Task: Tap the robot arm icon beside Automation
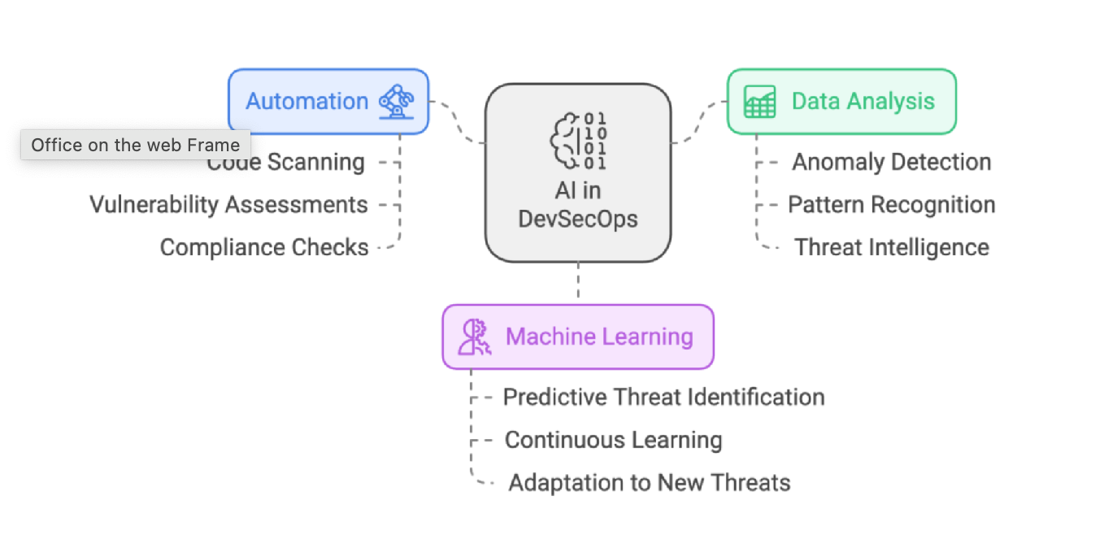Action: tap(396, 102)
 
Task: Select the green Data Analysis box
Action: tap(841, 102)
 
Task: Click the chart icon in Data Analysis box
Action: tap(760, 102)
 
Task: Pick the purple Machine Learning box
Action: tap(577, 337)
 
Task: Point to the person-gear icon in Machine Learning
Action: tap(474, 337)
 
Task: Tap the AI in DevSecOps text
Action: tap(577, 205)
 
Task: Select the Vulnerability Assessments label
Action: tap(228, 205)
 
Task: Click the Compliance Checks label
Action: tap(264, 247)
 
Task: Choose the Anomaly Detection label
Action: tap(892, 162)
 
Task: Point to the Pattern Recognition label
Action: tap(891, 205)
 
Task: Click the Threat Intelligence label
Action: tap(892, 247)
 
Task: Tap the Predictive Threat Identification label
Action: tap(663, 397)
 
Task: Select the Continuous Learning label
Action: tap(613, 440)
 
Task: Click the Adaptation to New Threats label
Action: tap(649, 483)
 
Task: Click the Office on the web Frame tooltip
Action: tap(135, 146)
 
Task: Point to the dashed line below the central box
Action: tap(578, 282)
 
